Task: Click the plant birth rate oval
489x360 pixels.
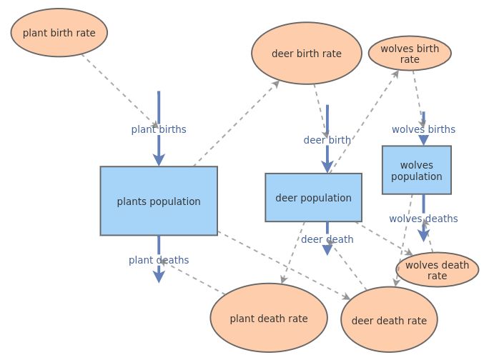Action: coord(59,32)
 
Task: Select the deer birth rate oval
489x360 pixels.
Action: coord(307,54)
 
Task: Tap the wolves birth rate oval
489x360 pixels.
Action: coord(410,54)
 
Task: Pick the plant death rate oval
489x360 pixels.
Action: coord(269,319)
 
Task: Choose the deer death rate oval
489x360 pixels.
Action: coord(389,321)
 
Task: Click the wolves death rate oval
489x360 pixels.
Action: coord(437,270)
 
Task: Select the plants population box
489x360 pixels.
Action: coord(159,201)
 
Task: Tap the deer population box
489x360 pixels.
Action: coord(313,198)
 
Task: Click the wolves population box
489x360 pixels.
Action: coord(416,170)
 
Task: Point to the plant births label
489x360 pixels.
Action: coord(159,129)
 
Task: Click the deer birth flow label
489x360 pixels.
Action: coord(327,140)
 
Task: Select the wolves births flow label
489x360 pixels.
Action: coord(423,129)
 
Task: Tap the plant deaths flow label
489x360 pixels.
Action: coord(159,260)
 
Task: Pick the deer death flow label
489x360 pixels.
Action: coord(327,239)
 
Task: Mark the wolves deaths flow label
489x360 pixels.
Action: coord(423,219)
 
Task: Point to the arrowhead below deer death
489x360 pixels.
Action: coord(327,249)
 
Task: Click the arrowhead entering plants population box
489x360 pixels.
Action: coord(159,160)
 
